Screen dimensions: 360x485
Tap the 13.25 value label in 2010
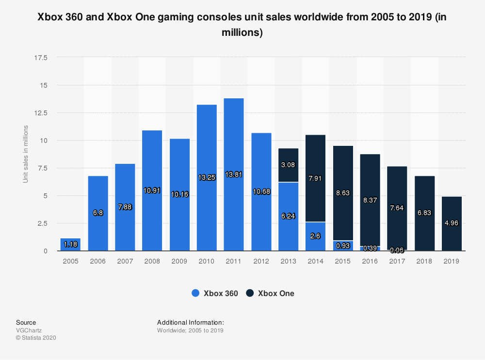(207, 178)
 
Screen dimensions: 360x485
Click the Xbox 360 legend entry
(215, 293)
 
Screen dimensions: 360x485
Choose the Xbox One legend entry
(270, 293)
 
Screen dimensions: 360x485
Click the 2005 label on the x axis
(70, 261)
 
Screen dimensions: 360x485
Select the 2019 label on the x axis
(451, 261)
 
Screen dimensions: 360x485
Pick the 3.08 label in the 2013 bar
(288, 164)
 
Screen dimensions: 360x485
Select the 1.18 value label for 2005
(71, 245)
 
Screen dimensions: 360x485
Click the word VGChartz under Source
(29, 330)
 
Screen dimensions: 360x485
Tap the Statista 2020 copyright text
(36, 338)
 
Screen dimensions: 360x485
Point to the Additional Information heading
(190, 322)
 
